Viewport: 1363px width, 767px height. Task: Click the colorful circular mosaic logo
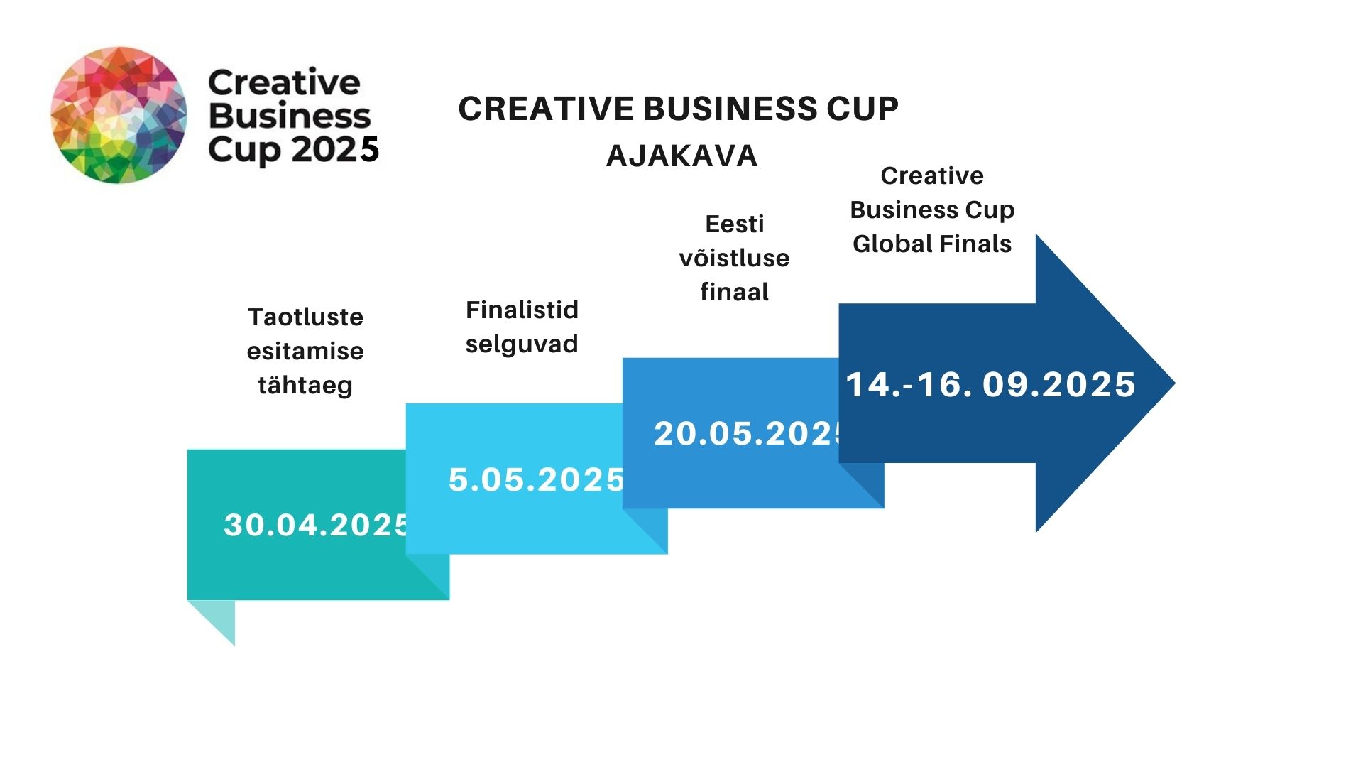(x=119, y=115)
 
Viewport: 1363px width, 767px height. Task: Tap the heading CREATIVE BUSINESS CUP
(x=678, y=109)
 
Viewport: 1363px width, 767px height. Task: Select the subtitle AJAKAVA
(x=681, y=156)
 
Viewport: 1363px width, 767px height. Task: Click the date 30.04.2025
(x=317, y=525)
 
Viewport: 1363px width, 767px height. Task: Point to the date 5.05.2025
(x=536, y=479)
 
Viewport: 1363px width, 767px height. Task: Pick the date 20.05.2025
(x=748, y=433)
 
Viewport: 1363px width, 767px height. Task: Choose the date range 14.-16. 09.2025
(x=990, y=384)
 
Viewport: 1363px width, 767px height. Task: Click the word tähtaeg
(x=305, y=385)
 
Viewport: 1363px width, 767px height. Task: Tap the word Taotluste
(x=305, y=317)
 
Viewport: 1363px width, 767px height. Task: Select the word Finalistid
(x=522, y=310)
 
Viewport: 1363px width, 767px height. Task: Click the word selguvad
(x=522, y=344)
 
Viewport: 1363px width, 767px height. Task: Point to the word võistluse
(x=734, y=258)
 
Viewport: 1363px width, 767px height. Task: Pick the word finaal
(x=734, y=292)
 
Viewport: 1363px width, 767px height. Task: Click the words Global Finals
(x=932, y=244)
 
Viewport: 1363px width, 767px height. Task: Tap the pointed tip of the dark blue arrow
(x=1175, y=383)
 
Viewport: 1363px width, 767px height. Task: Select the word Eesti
(x=734, y=224)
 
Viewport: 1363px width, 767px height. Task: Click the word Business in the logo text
(x=290, y=116)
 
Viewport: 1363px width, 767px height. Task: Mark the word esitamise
(x=305, y=351)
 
